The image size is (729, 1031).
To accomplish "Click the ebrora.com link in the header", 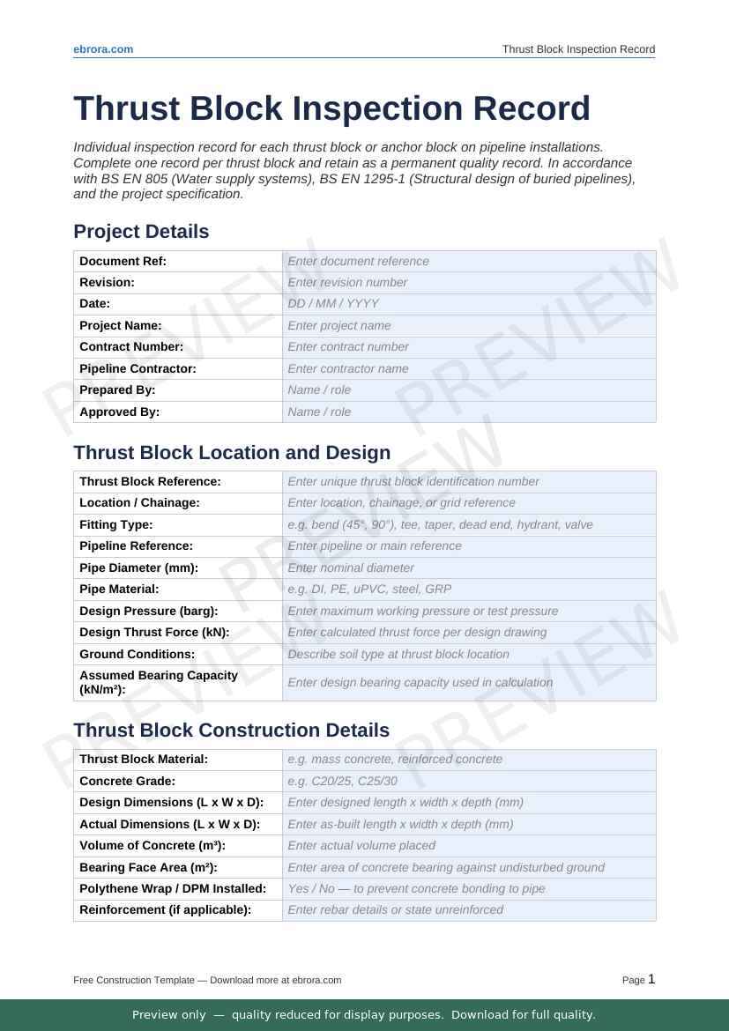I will coord(103,49).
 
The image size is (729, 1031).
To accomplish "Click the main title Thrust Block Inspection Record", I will coord(331,108).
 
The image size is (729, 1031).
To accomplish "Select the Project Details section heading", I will coord(141,232).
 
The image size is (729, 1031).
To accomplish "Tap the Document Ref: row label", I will coord(123,261).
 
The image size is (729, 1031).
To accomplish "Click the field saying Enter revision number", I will coord(347,283).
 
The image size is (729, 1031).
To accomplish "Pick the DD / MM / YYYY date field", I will coord(333,304).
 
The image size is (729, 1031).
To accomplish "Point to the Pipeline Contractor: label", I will coord(138,368).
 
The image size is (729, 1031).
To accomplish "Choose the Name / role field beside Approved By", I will coord(319,412).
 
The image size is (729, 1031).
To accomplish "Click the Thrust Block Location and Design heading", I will coord(232,453).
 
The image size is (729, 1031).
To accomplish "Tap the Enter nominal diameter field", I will coord(351,567).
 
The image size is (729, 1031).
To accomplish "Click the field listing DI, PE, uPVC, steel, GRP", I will coord(369,589).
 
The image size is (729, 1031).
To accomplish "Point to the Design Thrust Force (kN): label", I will coord(154,632).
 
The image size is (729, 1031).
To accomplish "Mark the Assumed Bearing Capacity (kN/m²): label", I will coord(159,682).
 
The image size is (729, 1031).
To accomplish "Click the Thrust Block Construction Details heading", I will coord(231,731).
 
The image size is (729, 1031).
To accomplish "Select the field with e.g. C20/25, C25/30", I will coord(342,781).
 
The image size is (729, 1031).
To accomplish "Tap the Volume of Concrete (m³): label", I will coord(152,845).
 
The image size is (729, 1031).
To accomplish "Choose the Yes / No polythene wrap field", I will coord(416,888).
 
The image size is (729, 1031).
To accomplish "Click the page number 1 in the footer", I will coord(651,979).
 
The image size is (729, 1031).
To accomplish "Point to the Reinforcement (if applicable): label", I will coord(165,909).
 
